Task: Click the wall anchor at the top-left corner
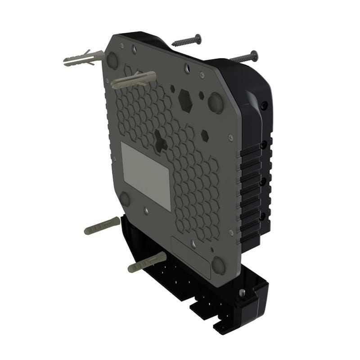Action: coord(83,59)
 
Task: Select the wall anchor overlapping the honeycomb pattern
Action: coord(134,80)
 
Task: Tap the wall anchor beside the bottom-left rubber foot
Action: coord(102,226)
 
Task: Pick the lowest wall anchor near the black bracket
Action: coord(147,262)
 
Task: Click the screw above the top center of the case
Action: coord(186,41)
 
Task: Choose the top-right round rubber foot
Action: coord(216,103)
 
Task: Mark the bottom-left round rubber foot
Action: coord(125,198)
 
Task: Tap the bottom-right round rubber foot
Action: coord(219,265)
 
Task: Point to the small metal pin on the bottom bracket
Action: coord(242,293)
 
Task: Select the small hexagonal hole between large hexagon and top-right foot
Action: coord(201,96)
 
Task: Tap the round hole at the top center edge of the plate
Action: coord(187,67)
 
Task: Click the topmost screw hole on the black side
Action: coord(264,105)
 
